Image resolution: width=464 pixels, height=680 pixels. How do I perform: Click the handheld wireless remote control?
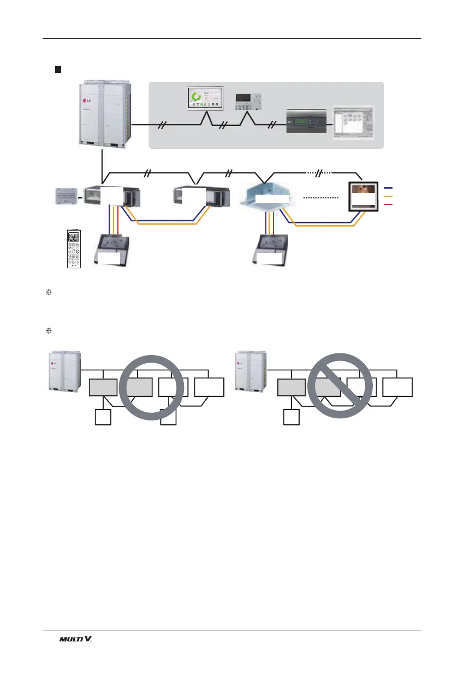[x=73, y=248]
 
